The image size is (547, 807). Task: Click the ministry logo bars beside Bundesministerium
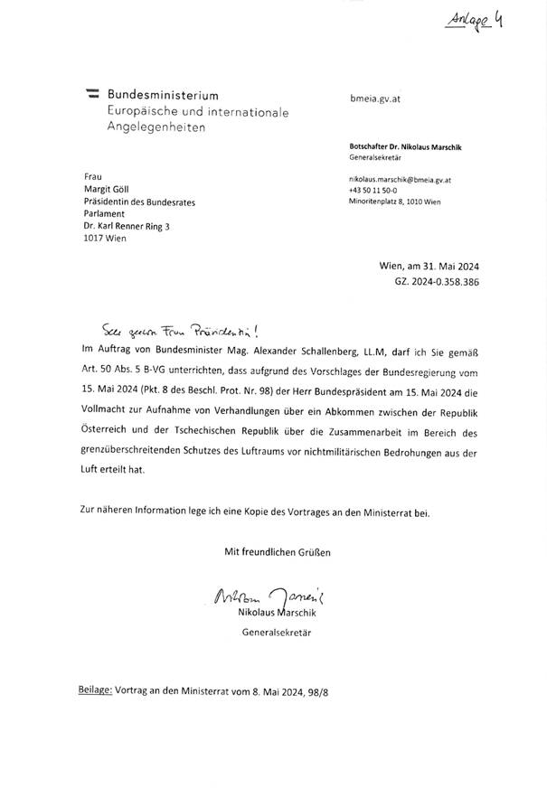[x=91, y=95]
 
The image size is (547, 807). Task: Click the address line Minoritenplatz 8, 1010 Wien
[x=394, y=203]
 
